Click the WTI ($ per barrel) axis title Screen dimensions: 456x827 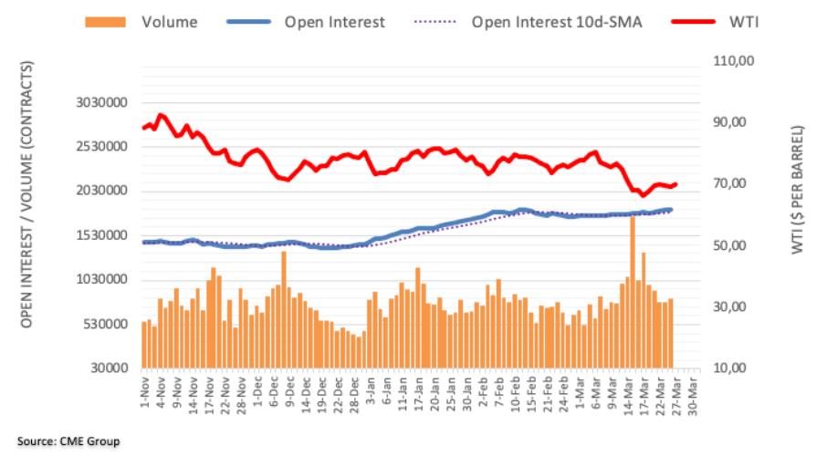[800, 190]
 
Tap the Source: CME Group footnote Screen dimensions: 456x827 [68, 441]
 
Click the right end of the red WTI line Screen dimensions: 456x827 [675, 184]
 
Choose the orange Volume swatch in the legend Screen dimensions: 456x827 [106, 21]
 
